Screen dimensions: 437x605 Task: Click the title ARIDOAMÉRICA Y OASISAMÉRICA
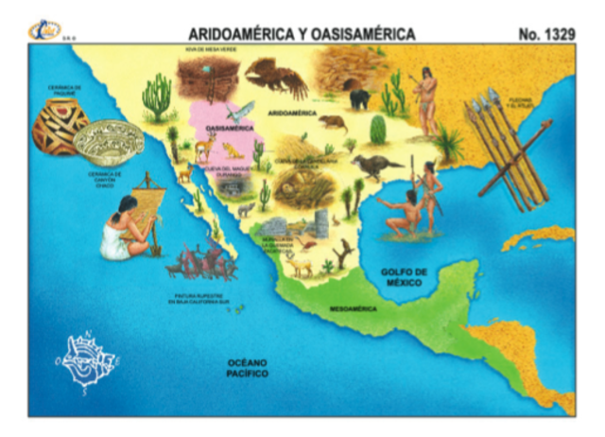tap(302, 33)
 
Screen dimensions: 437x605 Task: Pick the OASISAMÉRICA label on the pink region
tap(226, 126)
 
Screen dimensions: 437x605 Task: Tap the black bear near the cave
tap(359, 98)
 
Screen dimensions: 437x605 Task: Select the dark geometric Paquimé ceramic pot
tap(59, 125)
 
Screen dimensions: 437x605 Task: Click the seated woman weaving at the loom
tap(124, 226)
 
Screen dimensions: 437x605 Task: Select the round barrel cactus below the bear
tap(378, 130)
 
